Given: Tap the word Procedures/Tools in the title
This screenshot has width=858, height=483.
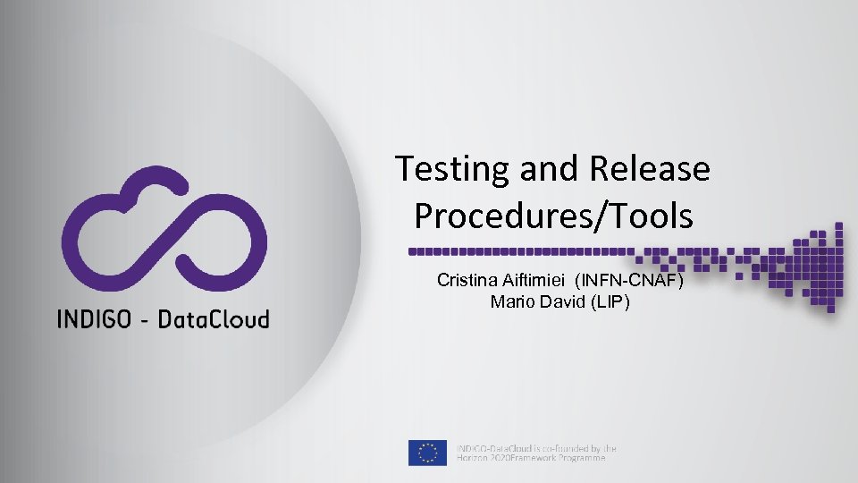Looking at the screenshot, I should (x=553, y=216).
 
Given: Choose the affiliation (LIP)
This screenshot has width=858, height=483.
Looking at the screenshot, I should (x=610, y=302).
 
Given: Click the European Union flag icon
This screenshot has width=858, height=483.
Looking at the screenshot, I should (x=427, y=453).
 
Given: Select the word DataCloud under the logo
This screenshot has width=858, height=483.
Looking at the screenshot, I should (x=214, y=319).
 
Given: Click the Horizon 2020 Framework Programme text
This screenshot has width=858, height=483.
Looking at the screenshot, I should (x=531, y=458).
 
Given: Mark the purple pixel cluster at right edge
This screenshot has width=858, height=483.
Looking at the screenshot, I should (x=817, y=264).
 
